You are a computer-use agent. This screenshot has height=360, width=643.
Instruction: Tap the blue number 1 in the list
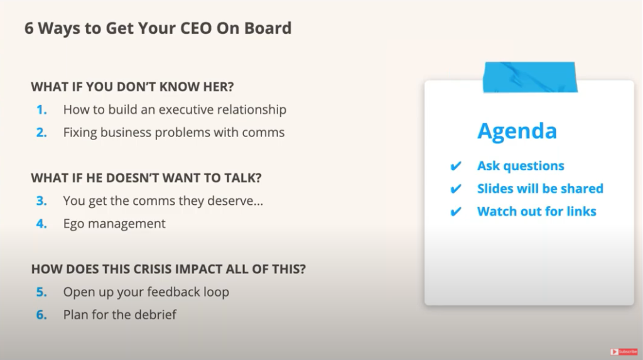coord(41,109)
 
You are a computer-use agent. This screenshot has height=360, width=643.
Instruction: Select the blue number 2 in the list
coord(41,133)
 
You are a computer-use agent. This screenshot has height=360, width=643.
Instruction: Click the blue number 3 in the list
coord(41,201)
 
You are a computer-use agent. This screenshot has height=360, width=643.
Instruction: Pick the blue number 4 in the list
coord(41,224)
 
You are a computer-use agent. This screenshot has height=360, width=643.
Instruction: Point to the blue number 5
coord(41,292)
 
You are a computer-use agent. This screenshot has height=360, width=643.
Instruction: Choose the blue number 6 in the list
coord(41,315)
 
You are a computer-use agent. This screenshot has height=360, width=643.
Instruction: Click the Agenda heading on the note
coord(517,131)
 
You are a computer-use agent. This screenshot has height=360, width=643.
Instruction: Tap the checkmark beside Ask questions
coord(457,166)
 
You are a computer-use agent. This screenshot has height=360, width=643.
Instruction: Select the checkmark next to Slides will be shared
coord(457,189)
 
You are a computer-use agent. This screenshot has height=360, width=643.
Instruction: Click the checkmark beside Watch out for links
coord(457,212)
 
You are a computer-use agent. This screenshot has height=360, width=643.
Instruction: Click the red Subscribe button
coord(623,352)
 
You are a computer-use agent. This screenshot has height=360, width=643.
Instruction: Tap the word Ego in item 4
coord(75,224)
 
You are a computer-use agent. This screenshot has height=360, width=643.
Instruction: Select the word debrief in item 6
coord(155,315)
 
